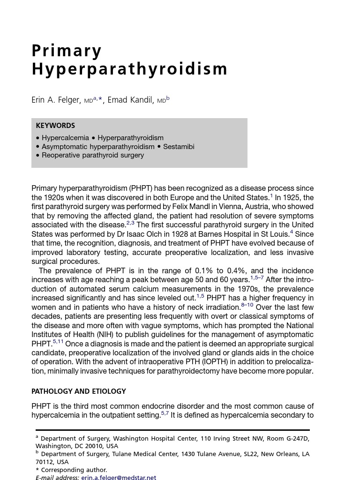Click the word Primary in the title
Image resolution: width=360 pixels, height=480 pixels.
[x=67, y=51]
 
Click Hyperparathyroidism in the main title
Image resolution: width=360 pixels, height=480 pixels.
[x=129, y=69]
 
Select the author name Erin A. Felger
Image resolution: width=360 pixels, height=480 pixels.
[x=56, y=100]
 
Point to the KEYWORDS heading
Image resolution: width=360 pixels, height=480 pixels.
[x=55, y=126]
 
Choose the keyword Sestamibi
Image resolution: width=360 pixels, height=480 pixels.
[x=179, y=147]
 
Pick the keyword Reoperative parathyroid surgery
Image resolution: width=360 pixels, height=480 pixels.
[x=93, y=155]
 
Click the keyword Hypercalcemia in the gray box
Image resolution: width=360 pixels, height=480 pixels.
[x=65, y=138]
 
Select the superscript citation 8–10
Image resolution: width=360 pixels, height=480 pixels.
[x=247, y=305]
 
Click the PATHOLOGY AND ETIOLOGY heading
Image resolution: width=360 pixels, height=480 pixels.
[x=79, y=391]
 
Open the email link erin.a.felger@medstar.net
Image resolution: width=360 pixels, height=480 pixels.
[x=119, y=477]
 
